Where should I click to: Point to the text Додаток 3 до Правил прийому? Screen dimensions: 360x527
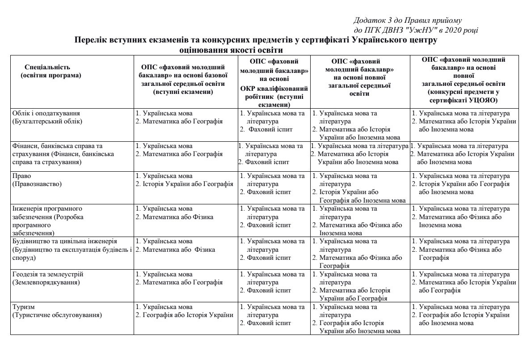(x=407, y=21)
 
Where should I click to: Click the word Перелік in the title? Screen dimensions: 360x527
(x=93, y=40)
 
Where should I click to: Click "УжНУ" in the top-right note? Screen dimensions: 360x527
(x=413, y=30)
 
